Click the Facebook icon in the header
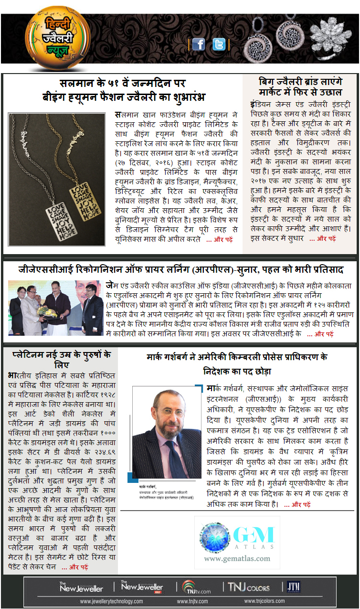tap(198, 44)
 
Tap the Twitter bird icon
tap(219, 44)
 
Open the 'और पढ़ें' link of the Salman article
tap(219, 240)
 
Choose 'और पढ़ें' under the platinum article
tap(74, 567)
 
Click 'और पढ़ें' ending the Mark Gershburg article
tap(297, 504)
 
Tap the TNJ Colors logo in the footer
tap(248, 587)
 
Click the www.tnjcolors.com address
tap(265, 601)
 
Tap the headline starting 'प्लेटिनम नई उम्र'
tap(60, 359)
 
